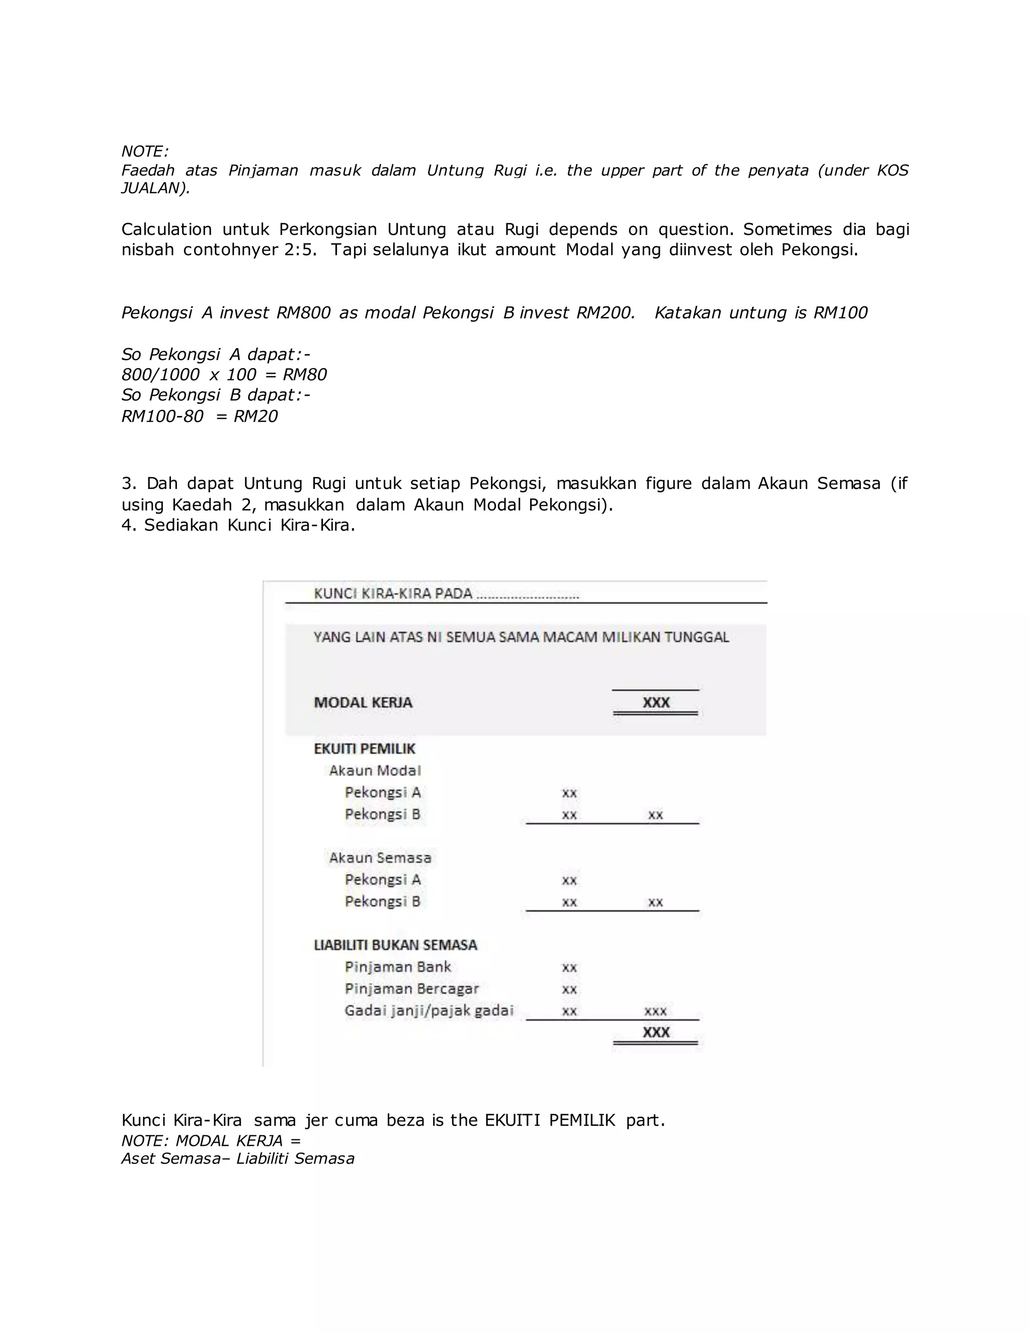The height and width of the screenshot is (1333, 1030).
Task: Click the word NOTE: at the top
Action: pyautogui.click(x=145, y=151)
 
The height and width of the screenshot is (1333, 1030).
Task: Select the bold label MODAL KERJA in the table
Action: pyautogui.click(x=363, y=703)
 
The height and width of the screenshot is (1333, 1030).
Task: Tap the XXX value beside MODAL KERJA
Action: pyautogui.click(x=656, y=703)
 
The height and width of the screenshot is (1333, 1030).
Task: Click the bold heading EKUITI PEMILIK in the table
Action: pyautogui.click(x=364, y=749)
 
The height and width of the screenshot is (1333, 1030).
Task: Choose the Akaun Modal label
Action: pyautogui.click(x=375, y=771)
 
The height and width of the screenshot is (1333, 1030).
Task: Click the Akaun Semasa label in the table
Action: pyautogui.click(x=380, y=858)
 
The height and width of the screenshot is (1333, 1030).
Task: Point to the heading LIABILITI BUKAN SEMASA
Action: pyautogui.click(x=395, y=946)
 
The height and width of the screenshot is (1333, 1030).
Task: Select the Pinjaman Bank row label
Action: pyautogui.click(x=397, y=967)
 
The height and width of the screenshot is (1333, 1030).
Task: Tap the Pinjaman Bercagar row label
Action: pyautogui.click(x=411, y=989)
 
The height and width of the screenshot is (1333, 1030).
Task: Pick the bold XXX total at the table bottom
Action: pyautogui.click(x=656, y=1032)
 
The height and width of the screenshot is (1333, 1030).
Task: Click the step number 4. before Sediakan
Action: pyautogui.click(x=129, y=526)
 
